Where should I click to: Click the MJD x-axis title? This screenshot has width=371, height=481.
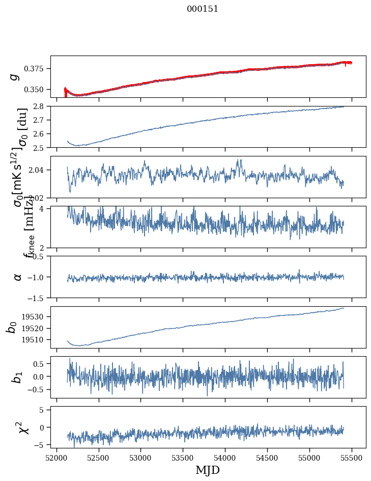208,470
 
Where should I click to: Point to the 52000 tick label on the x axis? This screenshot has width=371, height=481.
56,458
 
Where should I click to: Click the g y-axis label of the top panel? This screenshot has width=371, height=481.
15,76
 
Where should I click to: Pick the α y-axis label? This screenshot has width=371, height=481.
18,277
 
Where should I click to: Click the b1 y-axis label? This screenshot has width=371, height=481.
17,377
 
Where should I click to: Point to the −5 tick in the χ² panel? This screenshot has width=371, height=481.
41,445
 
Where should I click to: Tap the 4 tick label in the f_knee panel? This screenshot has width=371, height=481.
44,209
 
